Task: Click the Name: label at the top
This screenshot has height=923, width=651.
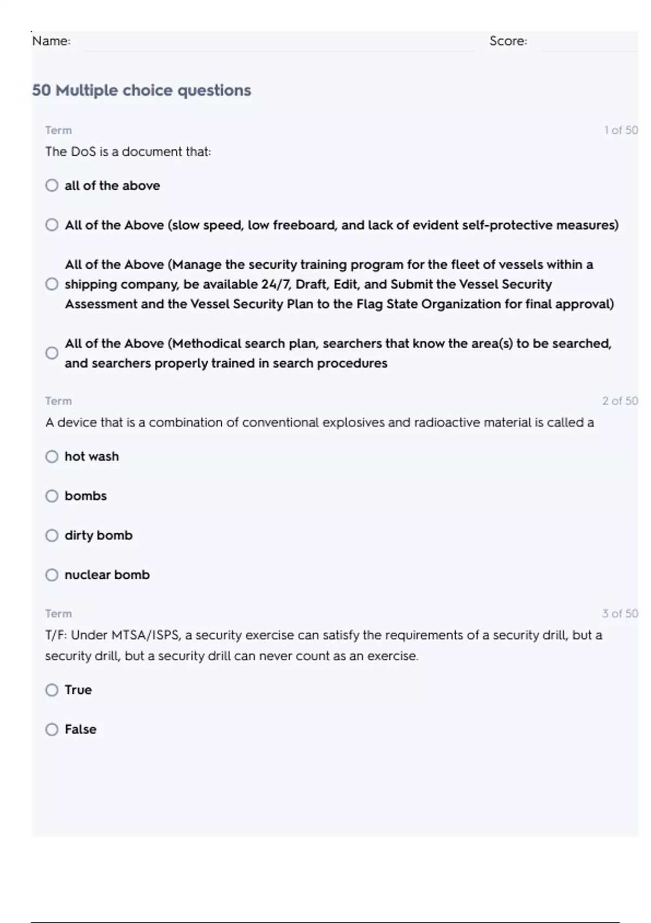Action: click(x=51, y=41)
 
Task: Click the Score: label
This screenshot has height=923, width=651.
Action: click(x=508, y=41)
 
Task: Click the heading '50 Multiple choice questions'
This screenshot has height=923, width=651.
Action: click(x=142, y=90)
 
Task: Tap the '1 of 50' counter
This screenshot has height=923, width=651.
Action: click(x=621, y=130)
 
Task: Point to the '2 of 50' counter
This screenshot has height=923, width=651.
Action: click(x=620, y=401)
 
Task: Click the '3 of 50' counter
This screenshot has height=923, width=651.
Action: click(x=620, y=614)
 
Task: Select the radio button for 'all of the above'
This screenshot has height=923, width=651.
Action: click(x=52, y=186)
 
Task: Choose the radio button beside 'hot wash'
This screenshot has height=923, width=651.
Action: click(x=52, y=457)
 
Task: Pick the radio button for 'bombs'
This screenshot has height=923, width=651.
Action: click(x=52, y=496)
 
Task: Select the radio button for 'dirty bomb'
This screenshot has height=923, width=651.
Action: click(x=52, y=536)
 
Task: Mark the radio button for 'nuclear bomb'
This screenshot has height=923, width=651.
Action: click(x=52, y=575)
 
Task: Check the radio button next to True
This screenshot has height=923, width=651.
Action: click(x=52, y=690)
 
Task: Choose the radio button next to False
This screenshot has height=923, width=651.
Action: click(x=52, y=730)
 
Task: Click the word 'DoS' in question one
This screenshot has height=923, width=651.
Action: click(x=83, y=151)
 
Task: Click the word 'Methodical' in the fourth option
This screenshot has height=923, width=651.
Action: click(x=207, y=344)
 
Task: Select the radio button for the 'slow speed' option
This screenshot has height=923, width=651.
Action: click(x=52, y=225)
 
